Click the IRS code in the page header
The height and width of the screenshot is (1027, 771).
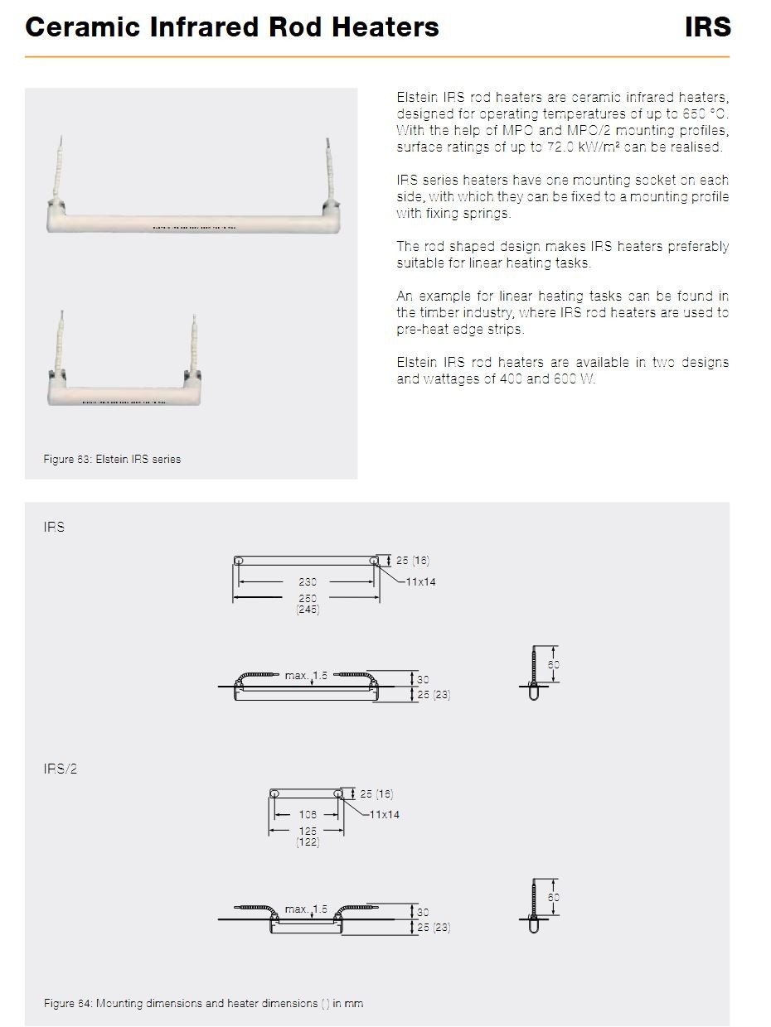pyautogui.click(x=707, y=27)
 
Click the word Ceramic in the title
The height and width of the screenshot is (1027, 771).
pyautogui.click(x=82, y=27)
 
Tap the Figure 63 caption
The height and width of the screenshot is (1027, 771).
pyautogui.click(x=112, y=459)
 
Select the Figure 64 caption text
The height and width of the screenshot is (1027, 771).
pyautogui.click(x=203, y=1003)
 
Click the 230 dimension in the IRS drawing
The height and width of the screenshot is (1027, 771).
pyautogui.click(x=308, y=581)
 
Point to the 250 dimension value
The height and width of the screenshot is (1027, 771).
pyautogui.click(x=308, y=598)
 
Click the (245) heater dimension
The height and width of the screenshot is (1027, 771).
pyautogui.click(x=308, y=609)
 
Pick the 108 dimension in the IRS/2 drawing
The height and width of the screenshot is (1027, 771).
pyautogui.click(x=308, y=815)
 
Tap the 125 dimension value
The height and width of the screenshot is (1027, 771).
pyautogui.click(x=308, y=831)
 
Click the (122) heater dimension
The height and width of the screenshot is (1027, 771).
pyautogui.click(x=308, y=841)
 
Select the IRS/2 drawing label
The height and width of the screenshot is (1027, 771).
pyautogui.click(x=60, y=769)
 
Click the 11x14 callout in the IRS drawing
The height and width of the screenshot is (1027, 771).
pyautogui.click(x=420, y=581)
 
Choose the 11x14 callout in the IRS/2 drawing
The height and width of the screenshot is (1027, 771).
pyautogui.click(x=385, y=815)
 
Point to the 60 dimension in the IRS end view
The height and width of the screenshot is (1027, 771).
pyautogui.click(x=553, y=664)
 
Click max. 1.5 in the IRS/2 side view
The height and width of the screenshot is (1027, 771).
pyautogui.click(x=306, y=909)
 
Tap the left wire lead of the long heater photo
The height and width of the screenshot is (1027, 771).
pyautogui.click(x=59, y=168)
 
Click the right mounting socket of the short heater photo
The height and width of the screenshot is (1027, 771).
pyautogui.click(x=192, y=375)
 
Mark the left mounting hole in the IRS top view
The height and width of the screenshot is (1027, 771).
pyautogui.click(x=238, y=560)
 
